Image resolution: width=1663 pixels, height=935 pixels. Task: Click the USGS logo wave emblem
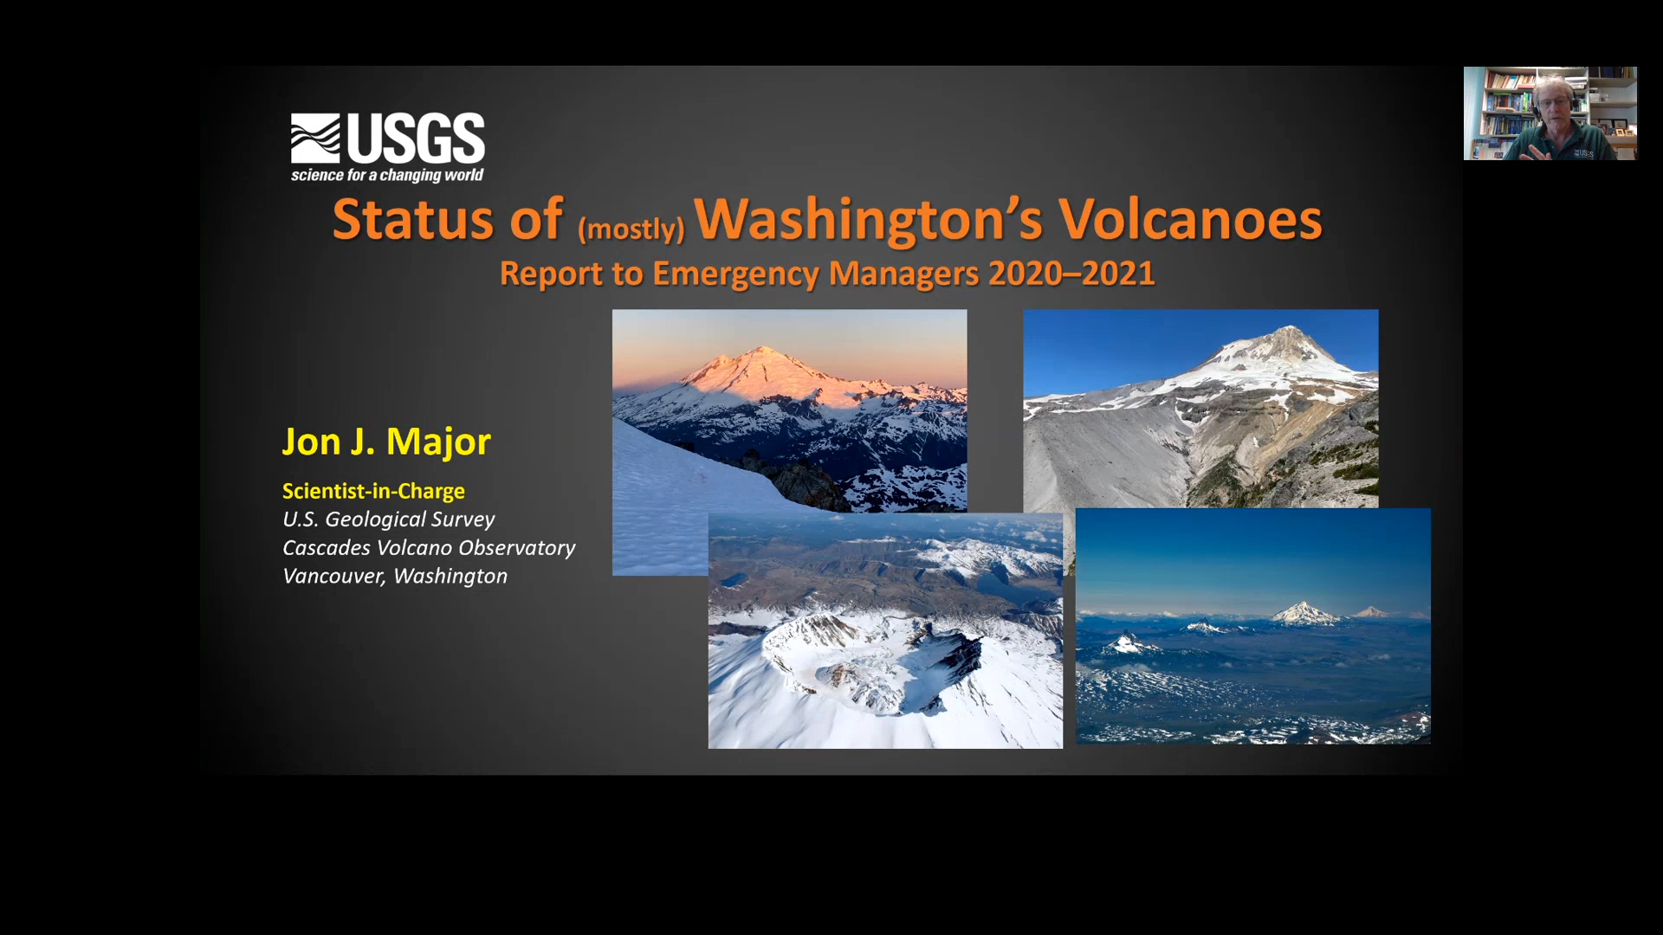[315, 139]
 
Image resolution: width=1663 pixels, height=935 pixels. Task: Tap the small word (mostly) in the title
[631, 229]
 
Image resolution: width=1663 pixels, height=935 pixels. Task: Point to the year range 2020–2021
[1071, 274]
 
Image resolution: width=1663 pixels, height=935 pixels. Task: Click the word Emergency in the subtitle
[735, 274]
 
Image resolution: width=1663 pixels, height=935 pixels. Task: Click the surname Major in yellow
[438, 442]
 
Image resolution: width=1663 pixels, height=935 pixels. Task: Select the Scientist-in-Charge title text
[373, 491]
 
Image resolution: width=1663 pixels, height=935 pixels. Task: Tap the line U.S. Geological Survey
[388, 519]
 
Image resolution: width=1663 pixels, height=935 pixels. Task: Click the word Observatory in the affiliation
[516, 548]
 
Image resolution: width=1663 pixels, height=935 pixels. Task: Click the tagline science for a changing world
[387, 175]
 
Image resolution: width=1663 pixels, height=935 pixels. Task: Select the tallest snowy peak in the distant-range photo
[1304, 613]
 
